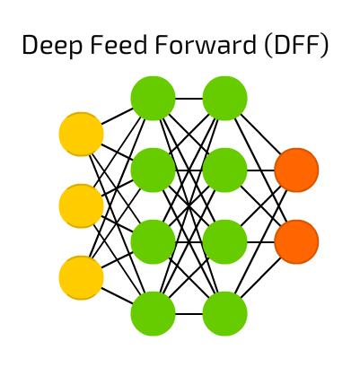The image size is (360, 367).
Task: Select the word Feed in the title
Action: pos(119,44)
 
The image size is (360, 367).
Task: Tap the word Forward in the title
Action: pos(206,44)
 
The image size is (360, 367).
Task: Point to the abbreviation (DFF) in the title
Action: pos(296,46)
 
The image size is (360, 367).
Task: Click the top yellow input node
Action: pos(81,135)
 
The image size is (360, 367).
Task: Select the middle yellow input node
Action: pos(81,206)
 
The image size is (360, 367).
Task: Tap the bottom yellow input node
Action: pos(81,278)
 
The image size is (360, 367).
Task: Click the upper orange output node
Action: pos(296,170)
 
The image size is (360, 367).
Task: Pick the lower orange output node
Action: pos(296,242)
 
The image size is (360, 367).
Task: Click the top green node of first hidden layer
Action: pos(153,99)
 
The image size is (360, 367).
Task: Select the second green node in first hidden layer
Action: pos(153,170)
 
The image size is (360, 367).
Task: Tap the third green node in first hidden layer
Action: pos(153,242)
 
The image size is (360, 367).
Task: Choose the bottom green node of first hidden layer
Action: pos(153,314)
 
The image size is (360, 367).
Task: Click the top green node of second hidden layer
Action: pos(224,99)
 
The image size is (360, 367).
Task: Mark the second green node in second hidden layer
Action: pos(224,170)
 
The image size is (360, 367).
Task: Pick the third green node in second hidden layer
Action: pos(224,242)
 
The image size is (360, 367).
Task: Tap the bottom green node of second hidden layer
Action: pos(224,314)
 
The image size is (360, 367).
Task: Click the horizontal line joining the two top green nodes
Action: pos(189,99)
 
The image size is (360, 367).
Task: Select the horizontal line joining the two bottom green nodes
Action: pos(189,314)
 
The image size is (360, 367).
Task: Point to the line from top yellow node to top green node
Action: pos(117,117)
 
